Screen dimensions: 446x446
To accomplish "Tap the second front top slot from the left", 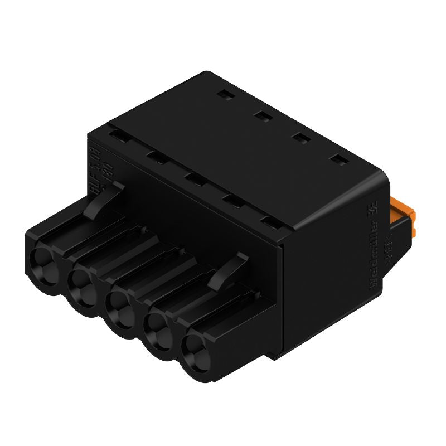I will click(156, 157).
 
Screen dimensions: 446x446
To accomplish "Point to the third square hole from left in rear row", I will click(300, 138).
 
